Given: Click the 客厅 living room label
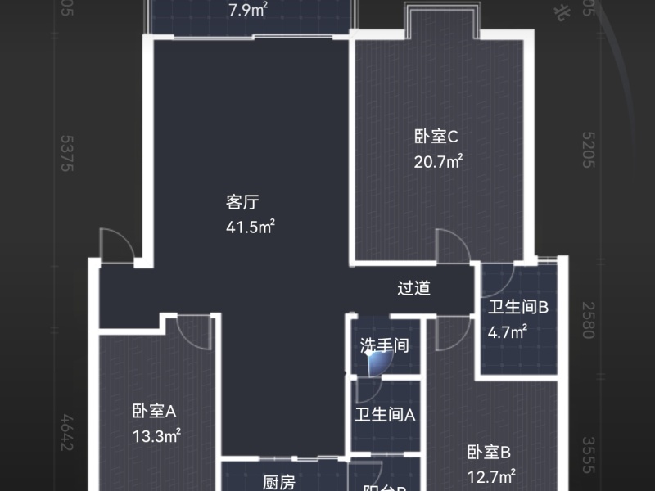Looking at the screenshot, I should (x=243, y=201).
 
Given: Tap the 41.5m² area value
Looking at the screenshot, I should (x=250, y=227).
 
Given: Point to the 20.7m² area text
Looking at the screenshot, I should (x=439, y=162).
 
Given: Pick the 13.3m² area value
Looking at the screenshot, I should (x=156, y=436).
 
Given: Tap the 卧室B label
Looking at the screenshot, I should (x=489, y=451).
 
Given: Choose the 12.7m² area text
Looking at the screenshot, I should (x=490, y=475).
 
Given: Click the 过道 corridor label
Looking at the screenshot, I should (x=413, y=288).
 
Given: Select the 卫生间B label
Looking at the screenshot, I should (x=518, y=308).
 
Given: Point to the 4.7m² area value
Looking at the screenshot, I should (x=508, y=332).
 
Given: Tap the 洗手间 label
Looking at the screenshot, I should (x=385, y=345).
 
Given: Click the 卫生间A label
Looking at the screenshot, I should (x=385, y=414).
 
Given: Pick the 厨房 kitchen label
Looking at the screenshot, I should (x=279, y=483).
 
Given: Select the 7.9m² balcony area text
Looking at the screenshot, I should (x=249, y=11).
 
